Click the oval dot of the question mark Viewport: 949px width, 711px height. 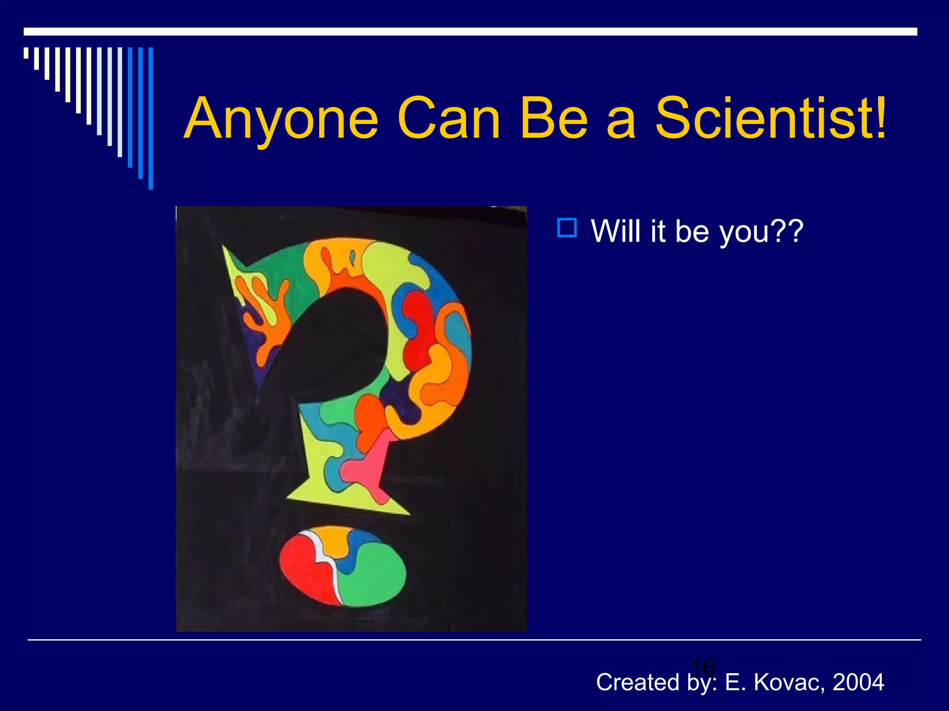[x=343, y=566]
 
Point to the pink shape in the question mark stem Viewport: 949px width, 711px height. [x=366, y=465]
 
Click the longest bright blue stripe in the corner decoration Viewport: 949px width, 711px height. [x=151, y=118]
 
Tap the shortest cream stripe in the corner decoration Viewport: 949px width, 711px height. [x=26, y=53]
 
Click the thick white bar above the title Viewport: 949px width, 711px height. [x=470, y=31]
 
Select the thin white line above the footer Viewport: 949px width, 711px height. [x=474, y=640]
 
